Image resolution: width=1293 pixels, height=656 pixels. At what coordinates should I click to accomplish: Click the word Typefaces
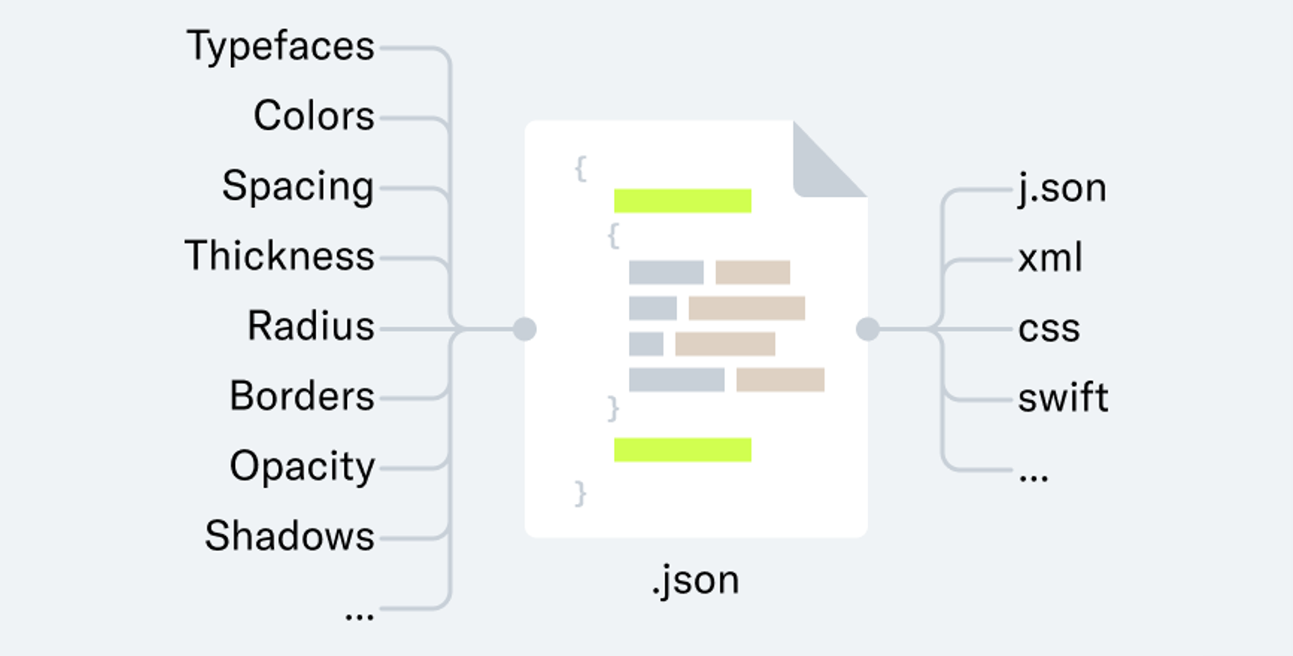(x=281, y=47)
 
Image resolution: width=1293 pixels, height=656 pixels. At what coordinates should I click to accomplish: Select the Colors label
(x=313, y=116)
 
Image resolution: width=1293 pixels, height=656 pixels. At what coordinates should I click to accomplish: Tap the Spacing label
(x=297, y=187)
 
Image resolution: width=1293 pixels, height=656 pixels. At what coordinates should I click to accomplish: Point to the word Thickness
(x=280, y=256)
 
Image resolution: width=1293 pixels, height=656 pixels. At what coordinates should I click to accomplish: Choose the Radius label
(x=310, y=326)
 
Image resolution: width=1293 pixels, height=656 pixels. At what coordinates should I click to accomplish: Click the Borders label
(x=302, y=396)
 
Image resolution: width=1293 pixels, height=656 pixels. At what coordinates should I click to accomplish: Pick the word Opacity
(x=302, y=467)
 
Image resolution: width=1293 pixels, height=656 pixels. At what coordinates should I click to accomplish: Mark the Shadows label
(x=290, y=536)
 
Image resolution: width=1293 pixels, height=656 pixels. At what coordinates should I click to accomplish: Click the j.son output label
(x=1062, y=188)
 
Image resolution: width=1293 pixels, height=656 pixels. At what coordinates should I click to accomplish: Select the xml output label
(x=1050, y=258)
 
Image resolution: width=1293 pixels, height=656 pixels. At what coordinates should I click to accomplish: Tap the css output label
(x=1049, y=329)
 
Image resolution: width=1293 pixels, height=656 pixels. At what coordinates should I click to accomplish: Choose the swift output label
(x=1063, y=398)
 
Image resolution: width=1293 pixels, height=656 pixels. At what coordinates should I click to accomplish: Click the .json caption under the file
(x=695, y=581)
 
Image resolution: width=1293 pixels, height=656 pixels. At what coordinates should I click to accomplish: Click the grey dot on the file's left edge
(x=525, y=329)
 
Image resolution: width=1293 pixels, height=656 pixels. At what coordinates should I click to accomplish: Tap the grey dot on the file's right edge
(x=867, y=329)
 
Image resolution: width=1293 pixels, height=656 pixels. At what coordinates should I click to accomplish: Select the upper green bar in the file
(x=682, y=201)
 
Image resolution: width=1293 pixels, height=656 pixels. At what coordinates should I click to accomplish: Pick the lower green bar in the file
(x=682, y=450)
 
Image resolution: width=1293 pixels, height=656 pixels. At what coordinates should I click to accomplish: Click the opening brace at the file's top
(x=580, y=168)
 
